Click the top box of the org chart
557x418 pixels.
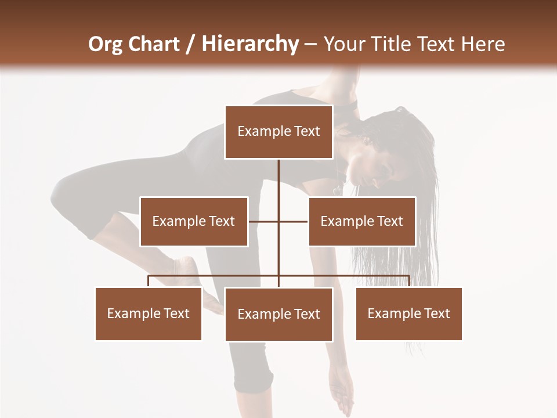278,132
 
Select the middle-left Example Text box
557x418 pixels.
193,221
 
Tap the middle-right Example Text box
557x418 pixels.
361,221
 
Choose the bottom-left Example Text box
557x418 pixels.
148,313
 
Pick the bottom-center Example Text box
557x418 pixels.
278,314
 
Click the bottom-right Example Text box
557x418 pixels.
408,313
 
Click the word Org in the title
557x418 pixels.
105,44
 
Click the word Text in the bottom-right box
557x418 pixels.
436,313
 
